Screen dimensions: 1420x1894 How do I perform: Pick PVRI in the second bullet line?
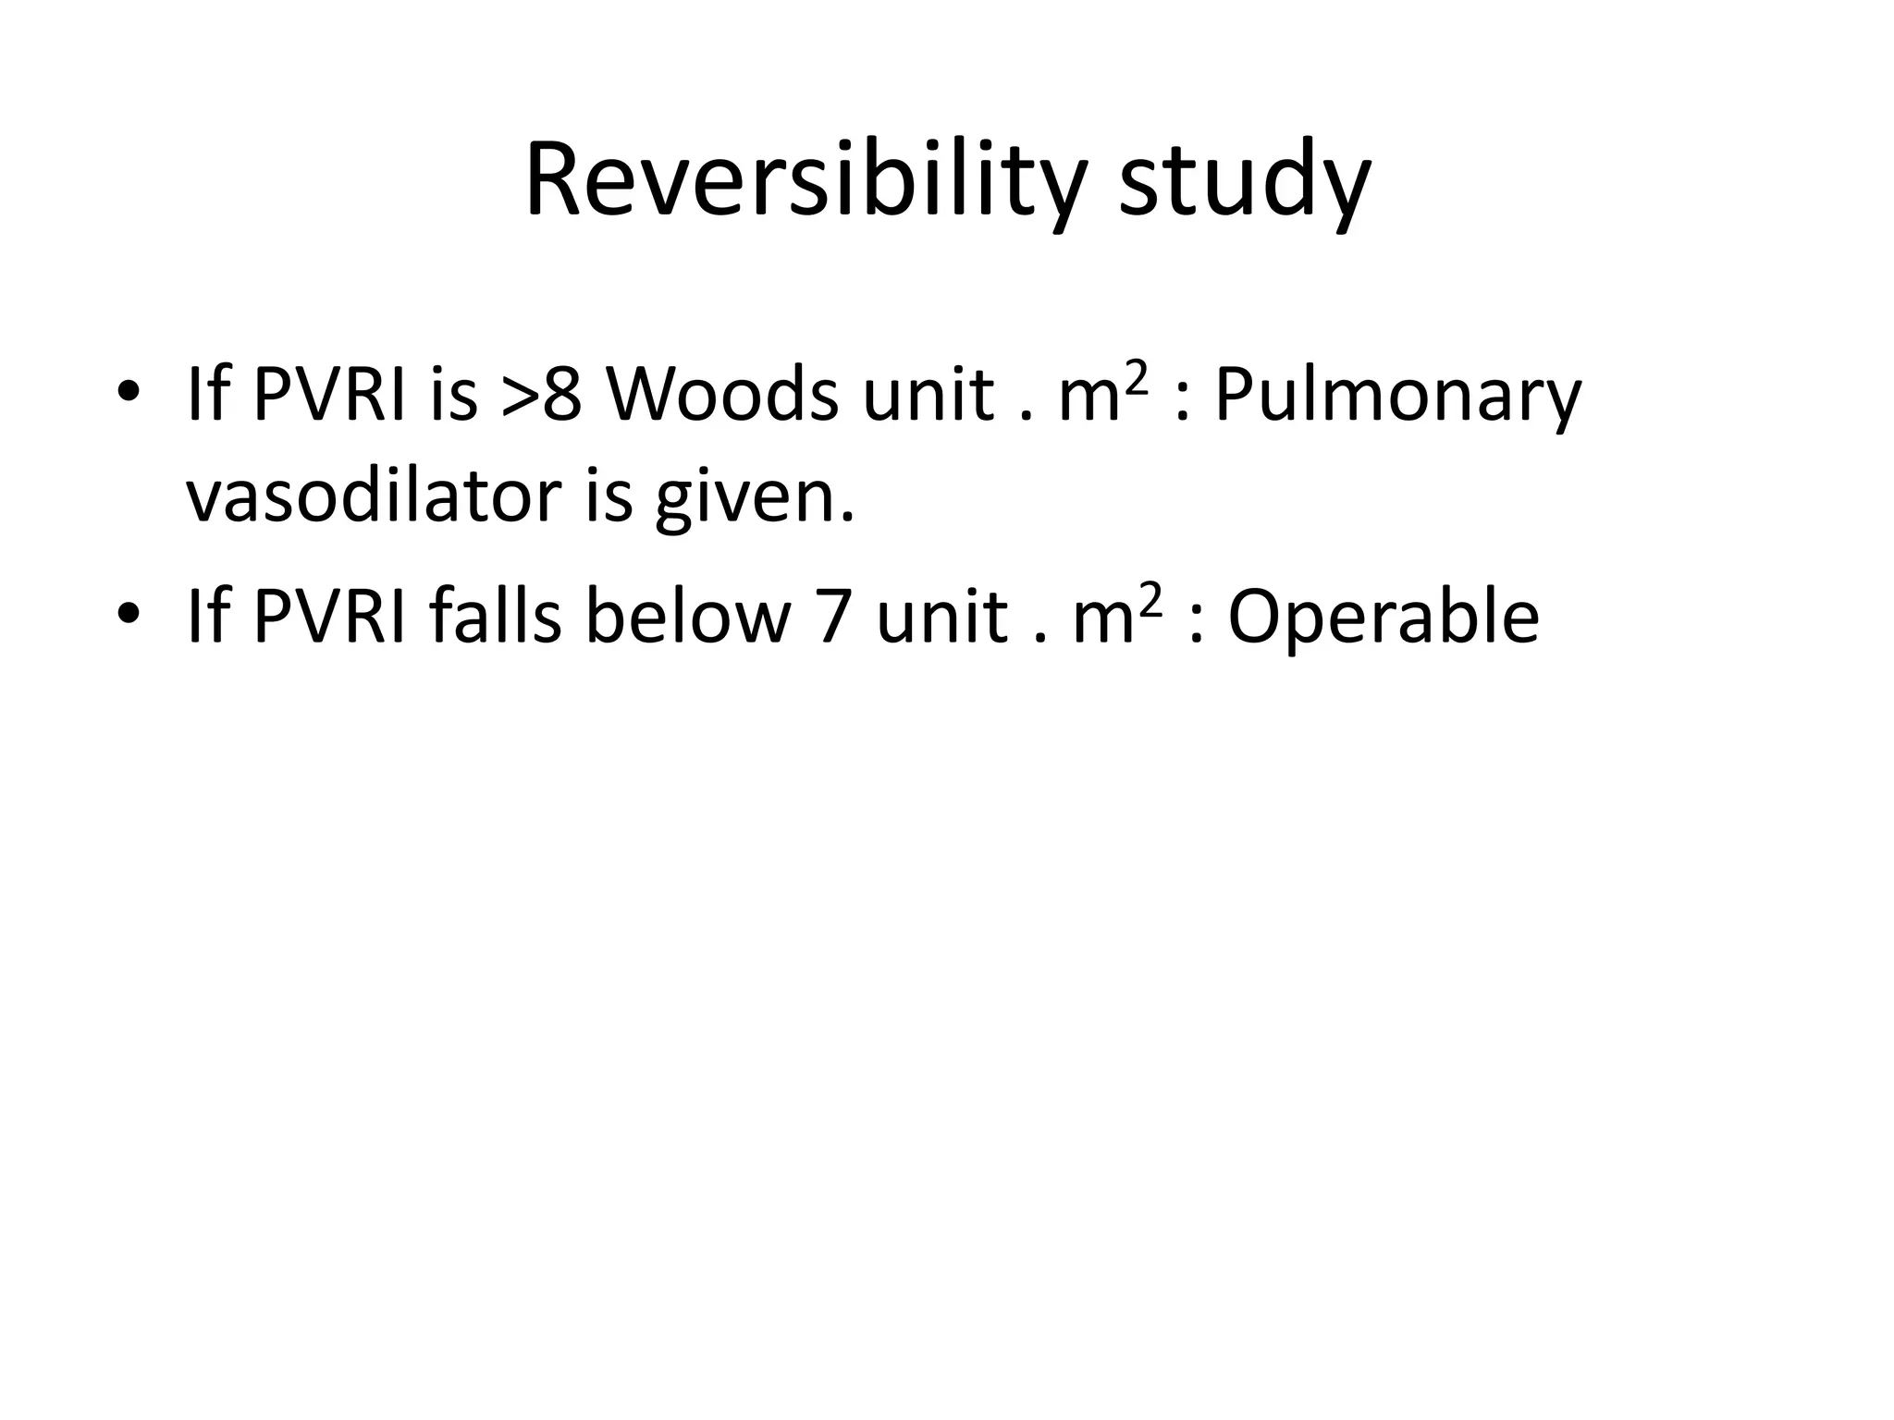[328, 618]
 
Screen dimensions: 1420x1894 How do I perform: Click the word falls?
[495, 618]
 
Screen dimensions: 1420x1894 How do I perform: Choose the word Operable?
[1383, 618]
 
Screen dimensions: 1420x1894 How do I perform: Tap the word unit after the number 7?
[941, 618]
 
